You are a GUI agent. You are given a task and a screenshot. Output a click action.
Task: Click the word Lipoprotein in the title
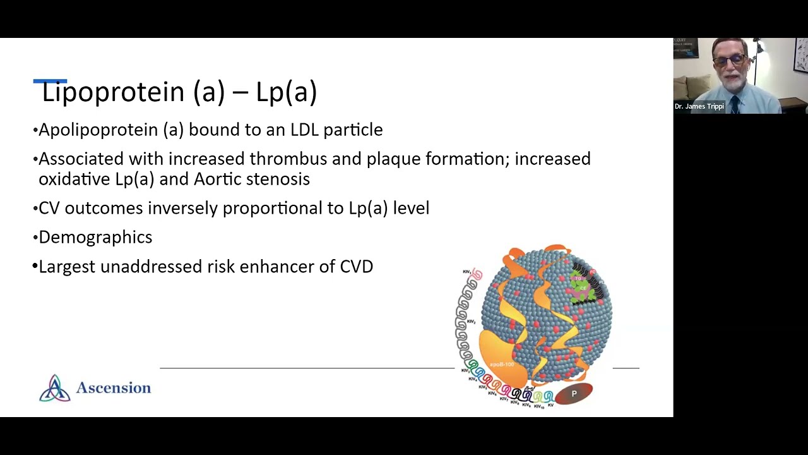coord(113,92)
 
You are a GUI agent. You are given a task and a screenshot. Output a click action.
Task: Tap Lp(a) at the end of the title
coord(286,92)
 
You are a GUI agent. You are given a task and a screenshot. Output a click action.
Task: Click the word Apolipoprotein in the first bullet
coord(111,130)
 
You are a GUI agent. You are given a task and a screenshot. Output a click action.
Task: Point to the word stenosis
coord(278,179)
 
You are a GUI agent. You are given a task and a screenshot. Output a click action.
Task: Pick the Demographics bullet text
coord(95,237)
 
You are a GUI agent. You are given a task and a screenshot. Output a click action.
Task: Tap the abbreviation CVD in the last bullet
coord(357,266)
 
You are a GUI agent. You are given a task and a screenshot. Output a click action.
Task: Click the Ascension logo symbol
coord(55,388)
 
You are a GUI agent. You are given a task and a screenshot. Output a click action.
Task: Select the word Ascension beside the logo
coord(114,388)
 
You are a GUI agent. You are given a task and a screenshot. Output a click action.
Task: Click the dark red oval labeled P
coord(574,394)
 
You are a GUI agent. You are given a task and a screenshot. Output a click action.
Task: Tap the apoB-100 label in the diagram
coord(502,365)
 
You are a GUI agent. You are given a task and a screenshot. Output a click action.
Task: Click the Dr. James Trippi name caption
coord(699,106)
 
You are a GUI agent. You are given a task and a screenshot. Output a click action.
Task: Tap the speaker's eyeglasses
coord(730,61)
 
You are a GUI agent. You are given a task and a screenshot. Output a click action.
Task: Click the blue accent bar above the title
coord(50,81)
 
